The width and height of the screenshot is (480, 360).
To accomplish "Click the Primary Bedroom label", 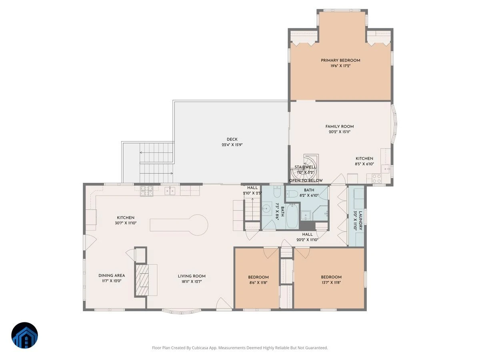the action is point(340,60).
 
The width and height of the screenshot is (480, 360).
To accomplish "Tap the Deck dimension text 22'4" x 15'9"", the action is point(232,145).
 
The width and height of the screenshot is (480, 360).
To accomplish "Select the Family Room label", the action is point(339,126).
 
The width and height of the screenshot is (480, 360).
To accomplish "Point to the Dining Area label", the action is point(112,276).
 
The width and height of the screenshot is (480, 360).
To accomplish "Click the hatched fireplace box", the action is point(142,280).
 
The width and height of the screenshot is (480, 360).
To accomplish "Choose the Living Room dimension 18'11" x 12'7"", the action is point(192,282).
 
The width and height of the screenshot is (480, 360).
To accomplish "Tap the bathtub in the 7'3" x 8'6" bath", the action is point(292,216).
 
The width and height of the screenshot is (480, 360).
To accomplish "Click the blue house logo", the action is point(24,335).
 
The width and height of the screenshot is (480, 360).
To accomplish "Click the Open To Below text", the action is point(306,180).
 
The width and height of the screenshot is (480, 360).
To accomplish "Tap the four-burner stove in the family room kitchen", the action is point(377,178).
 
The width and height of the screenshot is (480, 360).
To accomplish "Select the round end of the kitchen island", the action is point(198,225).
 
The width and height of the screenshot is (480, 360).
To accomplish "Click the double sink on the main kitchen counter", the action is point(170,191).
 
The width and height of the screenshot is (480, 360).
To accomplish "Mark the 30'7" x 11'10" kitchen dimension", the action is point(126,223).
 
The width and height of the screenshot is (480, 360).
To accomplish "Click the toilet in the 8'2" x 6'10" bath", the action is point(292,194).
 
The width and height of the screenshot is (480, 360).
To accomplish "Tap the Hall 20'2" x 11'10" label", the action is point(307,237).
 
